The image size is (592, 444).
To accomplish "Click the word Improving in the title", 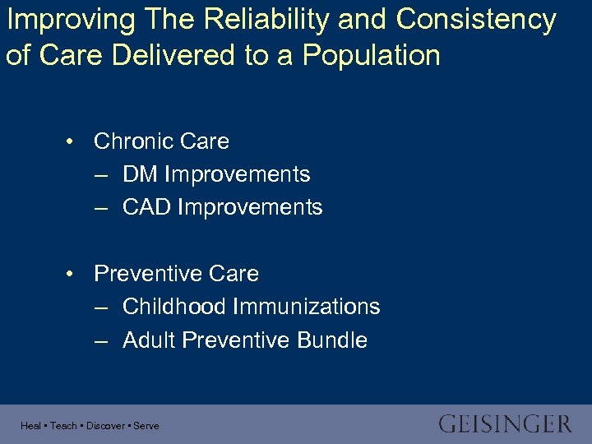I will (62, 20).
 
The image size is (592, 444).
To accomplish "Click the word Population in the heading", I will (371, 55).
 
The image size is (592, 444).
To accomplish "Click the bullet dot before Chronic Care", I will (72, 141).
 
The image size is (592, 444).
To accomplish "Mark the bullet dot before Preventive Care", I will (72, 274).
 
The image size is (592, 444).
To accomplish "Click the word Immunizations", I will (306, 307).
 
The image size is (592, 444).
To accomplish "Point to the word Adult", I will (149, 340).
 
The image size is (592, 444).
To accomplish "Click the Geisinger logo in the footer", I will (505, 424).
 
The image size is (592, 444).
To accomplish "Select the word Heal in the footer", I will (30, 426).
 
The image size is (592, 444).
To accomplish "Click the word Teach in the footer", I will (63, 426).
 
